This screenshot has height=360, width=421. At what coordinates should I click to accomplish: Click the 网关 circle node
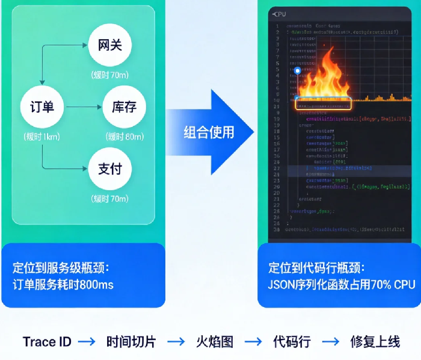click(x=109, y=46)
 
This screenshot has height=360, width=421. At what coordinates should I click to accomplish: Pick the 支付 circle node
click(x=109, y=169)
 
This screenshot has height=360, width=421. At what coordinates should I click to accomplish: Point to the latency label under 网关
click(x=109, y=75)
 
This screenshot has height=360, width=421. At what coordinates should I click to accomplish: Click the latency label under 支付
click(x=109, y=199)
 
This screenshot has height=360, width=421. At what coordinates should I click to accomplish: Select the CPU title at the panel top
click(x=280, y=13)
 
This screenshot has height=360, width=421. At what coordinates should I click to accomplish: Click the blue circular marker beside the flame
click(x=297, y=71)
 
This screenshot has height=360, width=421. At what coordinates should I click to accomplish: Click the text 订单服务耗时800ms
click(x=63, y=285)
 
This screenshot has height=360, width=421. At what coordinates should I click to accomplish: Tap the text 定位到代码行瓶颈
click(x=316, y=268)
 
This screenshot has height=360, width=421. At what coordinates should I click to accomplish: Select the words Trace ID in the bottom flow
click(x=47, y=342)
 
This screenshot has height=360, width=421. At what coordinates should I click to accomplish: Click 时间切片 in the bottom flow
click(x=131, y=342)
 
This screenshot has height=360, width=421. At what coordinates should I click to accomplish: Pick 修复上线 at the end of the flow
click(x=375, y=342)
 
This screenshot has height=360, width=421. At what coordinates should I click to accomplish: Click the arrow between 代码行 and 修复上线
click(x=330, y=342)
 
